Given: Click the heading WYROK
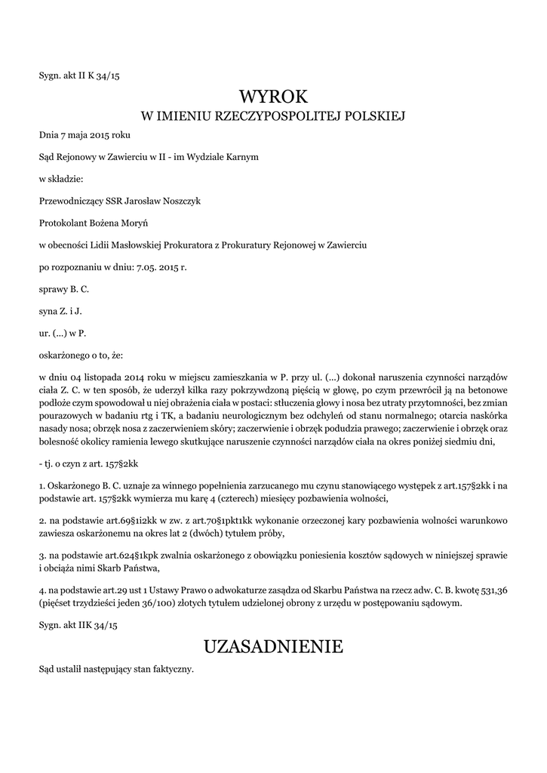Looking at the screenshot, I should (x=273, y=96).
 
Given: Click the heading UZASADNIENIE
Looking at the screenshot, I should (x=273, y=646).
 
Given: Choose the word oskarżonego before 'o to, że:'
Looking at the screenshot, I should (x=64, y=355).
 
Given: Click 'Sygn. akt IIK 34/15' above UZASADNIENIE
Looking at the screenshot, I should (x=78, y=625).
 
